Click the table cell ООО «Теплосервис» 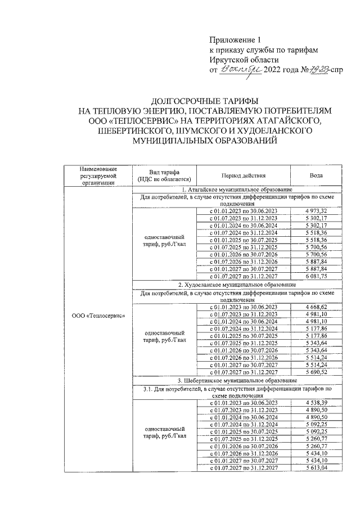click(98, 315)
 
